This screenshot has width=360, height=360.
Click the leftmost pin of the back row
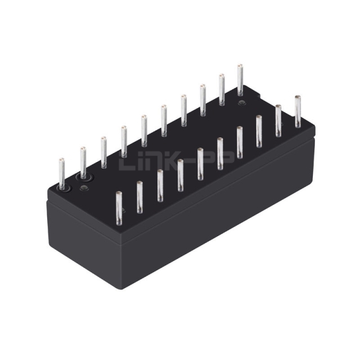pos(61,174)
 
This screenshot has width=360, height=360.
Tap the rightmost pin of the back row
pos(240,80)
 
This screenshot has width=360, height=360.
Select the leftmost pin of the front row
pos(119,208)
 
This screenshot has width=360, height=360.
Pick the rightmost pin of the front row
pos(298,111)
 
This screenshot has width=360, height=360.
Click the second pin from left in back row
pos(83,163)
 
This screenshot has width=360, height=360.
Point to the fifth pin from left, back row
pos(144,131)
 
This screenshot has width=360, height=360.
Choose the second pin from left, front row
pos(139,197)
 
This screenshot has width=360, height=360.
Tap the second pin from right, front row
pos(278,121)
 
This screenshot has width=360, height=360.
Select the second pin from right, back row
pos(222,90)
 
